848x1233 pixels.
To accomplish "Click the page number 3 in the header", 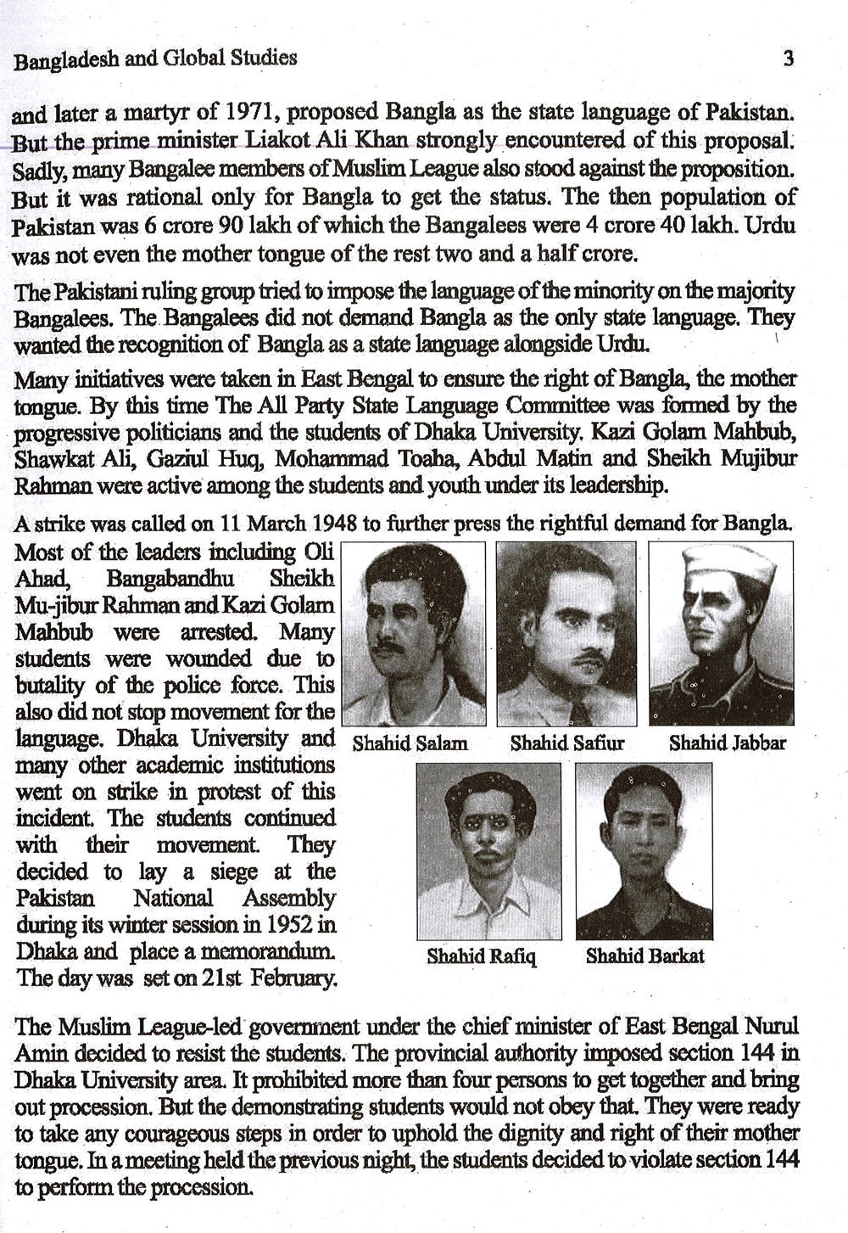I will [789, 59].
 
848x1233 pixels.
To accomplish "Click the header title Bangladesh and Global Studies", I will [156, 59].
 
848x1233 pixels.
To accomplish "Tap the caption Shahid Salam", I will [410, 744].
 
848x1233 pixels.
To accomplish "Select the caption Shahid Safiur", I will [566, 744].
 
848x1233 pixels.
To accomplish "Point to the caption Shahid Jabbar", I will [727, 744].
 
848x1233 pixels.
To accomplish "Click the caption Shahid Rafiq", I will [481, 956].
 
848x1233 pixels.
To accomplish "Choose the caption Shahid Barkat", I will [644, 956].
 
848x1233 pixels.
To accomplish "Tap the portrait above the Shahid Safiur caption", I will [566, 633].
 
